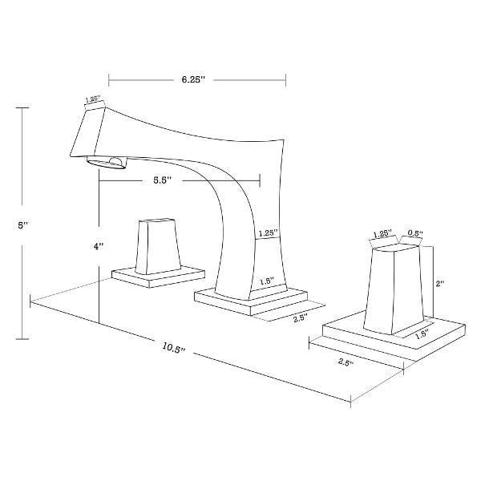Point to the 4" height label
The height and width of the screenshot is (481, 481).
pos(98,247)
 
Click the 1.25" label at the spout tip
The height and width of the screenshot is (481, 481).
pos(93,100)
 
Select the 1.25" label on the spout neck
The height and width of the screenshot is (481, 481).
pos(267,233)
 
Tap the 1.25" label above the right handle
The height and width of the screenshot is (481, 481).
pos(383,234)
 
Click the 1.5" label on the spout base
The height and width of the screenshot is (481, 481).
pos(267,281)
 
